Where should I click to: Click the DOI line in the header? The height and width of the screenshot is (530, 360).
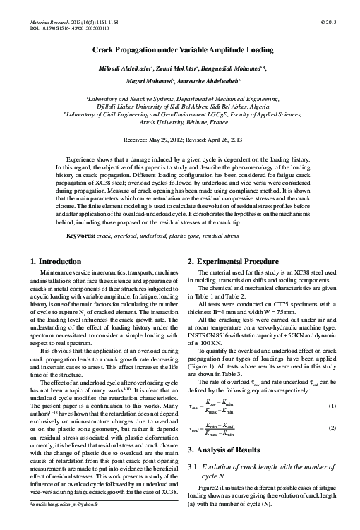click(67, 20)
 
